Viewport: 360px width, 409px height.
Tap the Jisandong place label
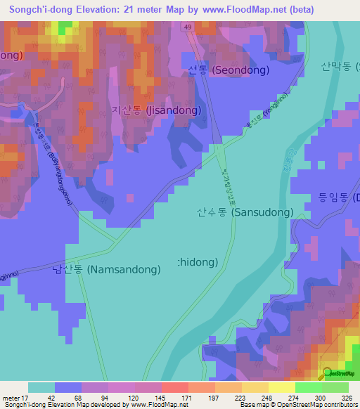point(156,110)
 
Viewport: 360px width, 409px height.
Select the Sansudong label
point(245,212)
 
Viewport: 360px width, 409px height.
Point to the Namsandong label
point(106,268)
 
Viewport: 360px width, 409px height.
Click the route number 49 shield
point(188,27)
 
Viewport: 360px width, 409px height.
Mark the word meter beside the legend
point(12,397)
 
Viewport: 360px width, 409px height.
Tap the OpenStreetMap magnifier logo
point(328,372)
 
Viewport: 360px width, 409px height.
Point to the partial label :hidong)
point(198,261)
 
